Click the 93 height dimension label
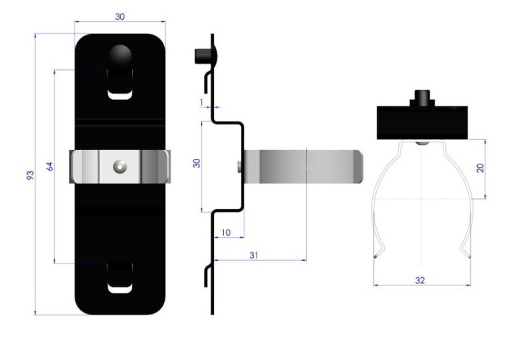pyautogui.click(x=30, y=175)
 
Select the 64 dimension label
pyautogui.click(x=50, y=166)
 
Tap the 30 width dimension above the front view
pyautogui.click(x=119, y=16)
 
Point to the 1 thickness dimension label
pyautogui.click(x=202, y=103)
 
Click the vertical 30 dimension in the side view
pyautogui.click(x=196, y=163)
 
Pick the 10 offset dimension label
pyautogui.click(x=226, y=232)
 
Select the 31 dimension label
pyautogui.click(x=254, y=255)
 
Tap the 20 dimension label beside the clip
pyautogui.click(x=480, y=168)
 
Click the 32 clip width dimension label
pyautogui.click(x=419, y=280)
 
